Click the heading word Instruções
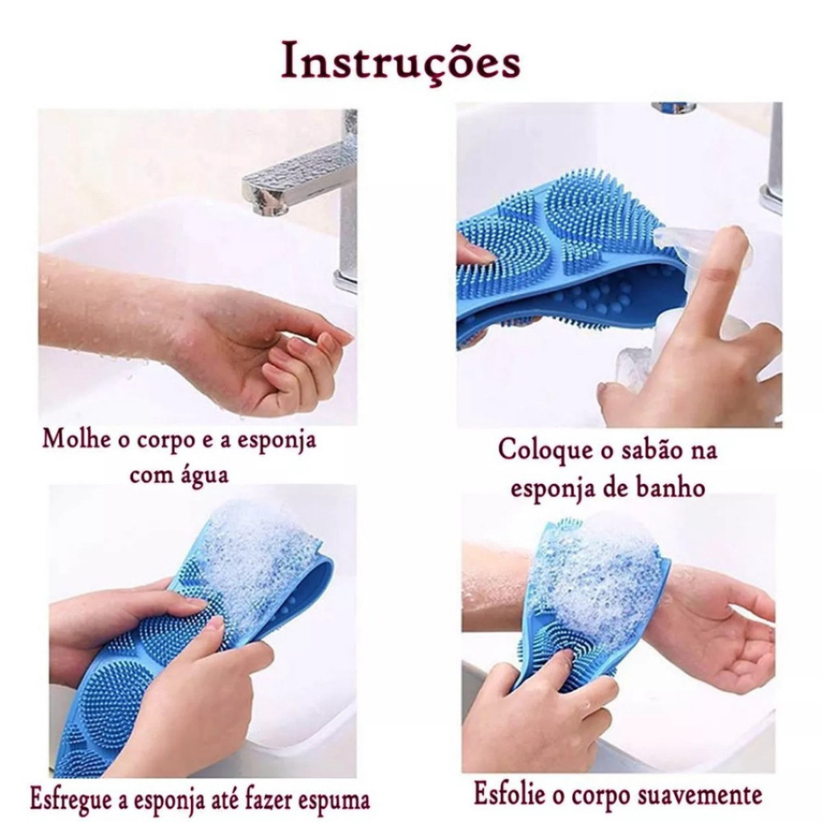pos(401,63)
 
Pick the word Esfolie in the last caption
pos(509,794)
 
